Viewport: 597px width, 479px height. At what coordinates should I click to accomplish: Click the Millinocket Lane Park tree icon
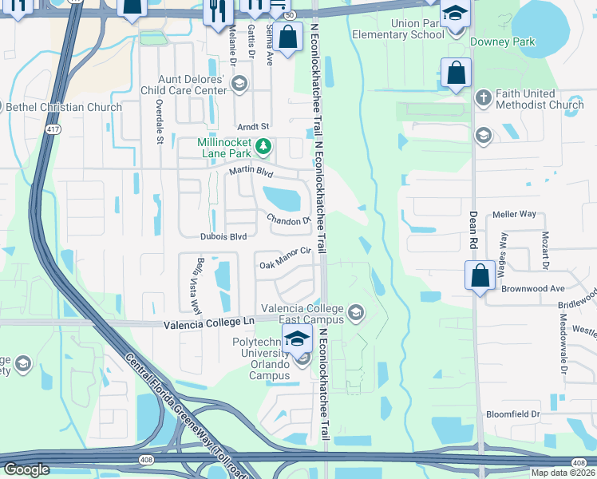coord(263,147)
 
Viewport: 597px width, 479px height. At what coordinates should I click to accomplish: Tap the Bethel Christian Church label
coord(65,107)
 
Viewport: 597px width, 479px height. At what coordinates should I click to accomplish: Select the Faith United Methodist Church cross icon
coord(482,97)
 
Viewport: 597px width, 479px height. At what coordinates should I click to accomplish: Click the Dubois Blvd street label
coord(223,236)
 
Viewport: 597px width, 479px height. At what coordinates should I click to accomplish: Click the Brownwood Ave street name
coord(534,288)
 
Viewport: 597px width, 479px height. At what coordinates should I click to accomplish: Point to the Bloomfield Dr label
coord(513,414)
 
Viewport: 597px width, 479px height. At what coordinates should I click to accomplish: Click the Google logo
coord(26,469)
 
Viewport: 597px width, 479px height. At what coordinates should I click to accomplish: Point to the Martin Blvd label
coord(251,172)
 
